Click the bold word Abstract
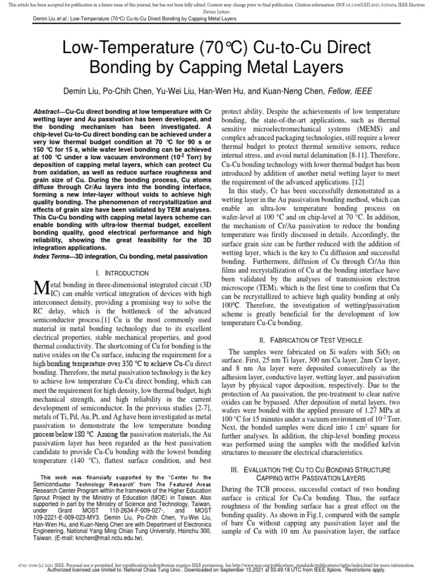47,112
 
